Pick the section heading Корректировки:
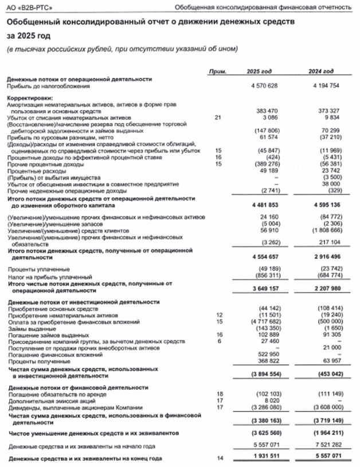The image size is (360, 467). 27,99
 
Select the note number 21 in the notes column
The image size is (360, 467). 217,116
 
